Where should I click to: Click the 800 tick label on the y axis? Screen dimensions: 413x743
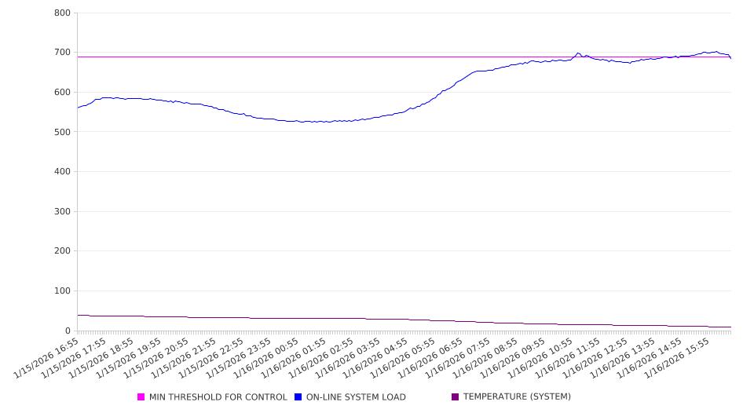click(62, 13)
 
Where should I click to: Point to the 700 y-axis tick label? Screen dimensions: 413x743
click(62, 53)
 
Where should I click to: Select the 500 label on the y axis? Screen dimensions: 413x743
click(62, 132)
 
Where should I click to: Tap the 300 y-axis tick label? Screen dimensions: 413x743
click(62, 212)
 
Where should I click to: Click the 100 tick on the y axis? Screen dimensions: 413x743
click(62, 291)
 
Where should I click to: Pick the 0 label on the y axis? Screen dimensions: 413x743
click(68, 331)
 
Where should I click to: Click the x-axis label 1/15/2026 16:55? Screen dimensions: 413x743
click(47, 358)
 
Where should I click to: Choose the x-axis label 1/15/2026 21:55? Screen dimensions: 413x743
click(185, 358)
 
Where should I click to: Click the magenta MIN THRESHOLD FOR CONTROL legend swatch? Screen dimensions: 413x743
click(141, 397)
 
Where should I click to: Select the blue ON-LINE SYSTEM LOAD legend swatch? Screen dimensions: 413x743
click(298, 397)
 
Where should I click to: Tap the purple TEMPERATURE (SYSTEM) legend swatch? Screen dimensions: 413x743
click(456, 397)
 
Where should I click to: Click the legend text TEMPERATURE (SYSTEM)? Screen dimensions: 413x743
click(517, 397)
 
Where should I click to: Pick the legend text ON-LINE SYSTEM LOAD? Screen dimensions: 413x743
click(356, 397)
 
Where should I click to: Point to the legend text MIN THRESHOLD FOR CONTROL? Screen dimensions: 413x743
click(218, 397)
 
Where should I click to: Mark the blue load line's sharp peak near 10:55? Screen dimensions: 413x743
click(578, 53)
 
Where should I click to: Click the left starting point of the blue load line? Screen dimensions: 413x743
click(78, 108)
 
